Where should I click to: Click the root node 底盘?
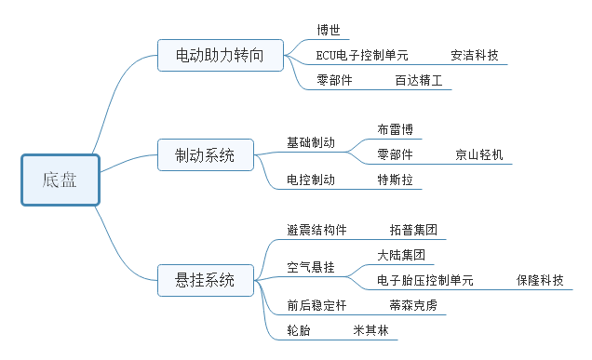click(61, 180)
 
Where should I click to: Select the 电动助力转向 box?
click(221, 55)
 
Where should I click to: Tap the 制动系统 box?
click(206, 154)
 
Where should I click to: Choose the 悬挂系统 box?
click(206, 280)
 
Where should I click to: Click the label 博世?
click(329, 30)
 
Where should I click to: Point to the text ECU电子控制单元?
click(362, 55)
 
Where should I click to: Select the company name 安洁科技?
click(475, 55)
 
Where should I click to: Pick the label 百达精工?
click(419, 80)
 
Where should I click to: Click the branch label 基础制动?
click(311, 142)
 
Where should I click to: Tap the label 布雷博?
click(395, 129)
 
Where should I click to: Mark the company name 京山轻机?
click(479, 154)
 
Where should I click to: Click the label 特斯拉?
click(395, 180)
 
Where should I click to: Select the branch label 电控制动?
click(311, 180)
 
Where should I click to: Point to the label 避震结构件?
click(316, 230)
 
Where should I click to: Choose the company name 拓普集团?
click(413, 230)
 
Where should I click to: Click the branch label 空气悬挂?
click(311, 267)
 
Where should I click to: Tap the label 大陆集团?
click(401, 255)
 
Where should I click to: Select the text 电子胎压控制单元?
click(425, 280)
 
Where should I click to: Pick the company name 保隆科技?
click(540, 280)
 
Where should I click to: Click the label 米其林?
click(370, 330)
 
